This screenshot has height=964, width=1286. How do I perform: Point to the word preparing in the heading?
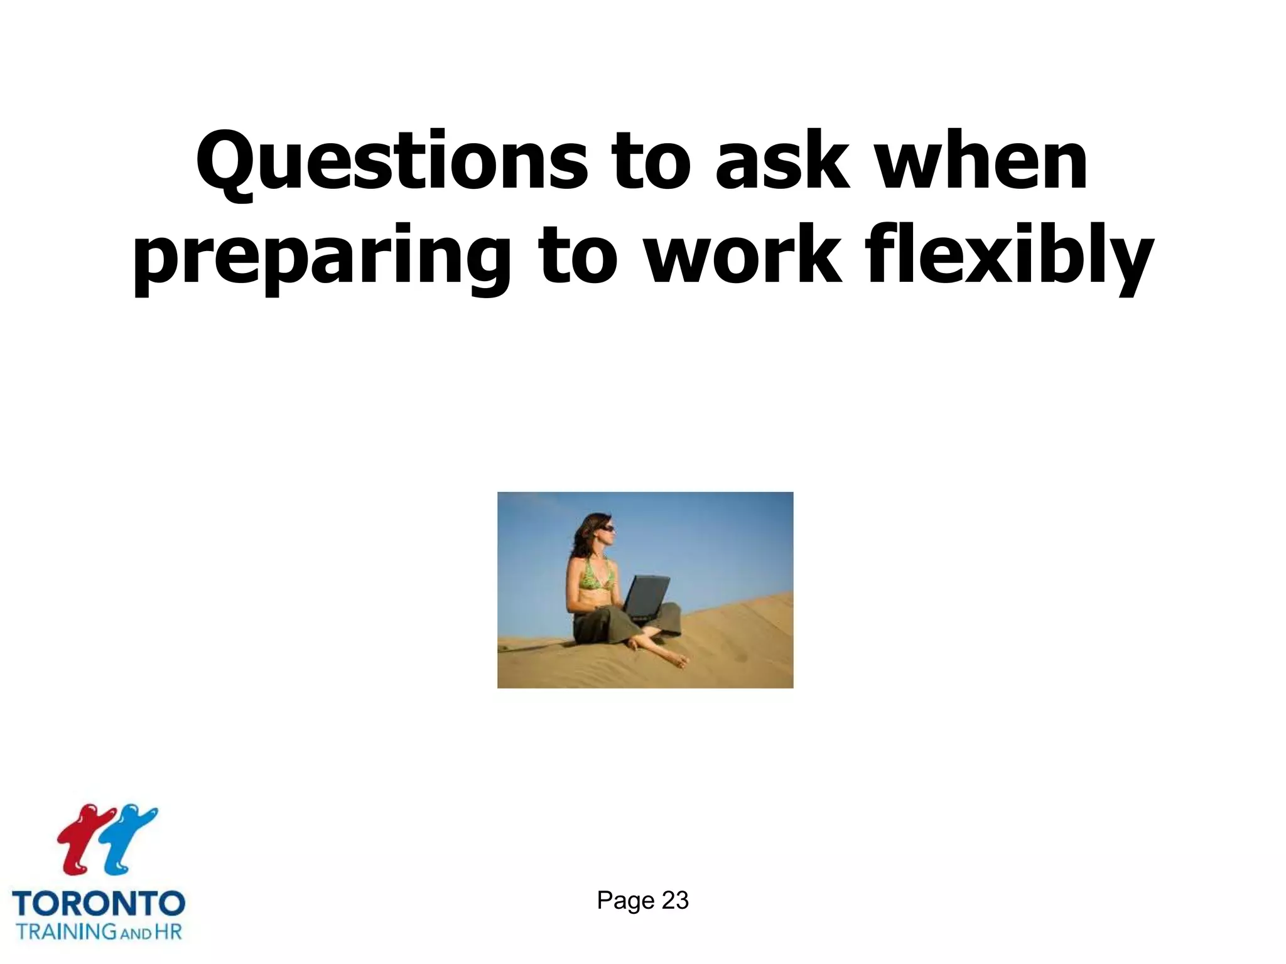tap(321, 256)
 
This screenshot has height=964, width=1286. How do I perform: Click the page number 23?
tap(675, 901)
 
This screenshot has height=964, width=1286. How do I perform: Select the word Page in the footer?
tap(625, 901)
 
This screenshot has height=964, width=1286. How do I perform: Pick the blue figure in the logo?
tap(129, 838)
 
